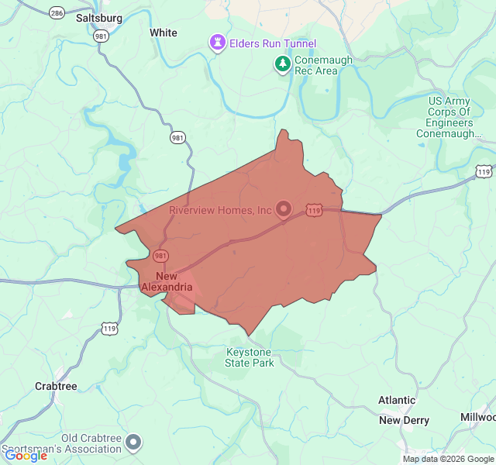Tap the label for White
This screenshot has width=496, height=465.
[x=163, y=33]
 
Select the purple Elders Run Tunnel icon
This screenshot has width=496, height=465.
[x=219, y=44]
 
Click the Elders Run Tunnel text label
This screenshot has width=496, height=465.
[x=272, y=44]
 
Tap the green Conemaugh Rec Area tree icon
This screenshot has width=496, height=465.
[x=284, y=64]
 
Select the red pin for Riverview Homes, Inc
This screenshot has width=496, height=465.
[x=284, y=208]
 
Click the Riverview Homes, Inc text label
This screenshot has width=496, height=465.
[x=221, y=210]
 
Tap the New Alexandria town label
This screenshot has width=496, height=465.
[x=167, y=282]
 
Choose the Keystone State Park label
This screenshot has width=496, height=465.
[x=250, y=357]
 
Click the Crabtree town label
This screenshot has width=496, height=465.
[x=56, y=386]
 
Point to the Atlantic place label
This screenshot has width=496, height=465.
[x=397, y=400]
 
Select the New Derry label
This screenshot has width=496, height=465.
[x=404, y=420]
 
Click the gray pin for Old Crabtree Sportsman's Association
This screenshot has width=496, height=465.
[x=134, y=442]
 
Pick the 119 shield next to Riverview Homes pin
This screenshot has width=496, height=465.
[x=314, y=209]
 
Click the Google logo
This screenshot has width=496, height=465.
[x=26, y=455]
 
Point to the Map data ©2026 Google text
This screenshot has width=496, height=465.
[x=447, y=459]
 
